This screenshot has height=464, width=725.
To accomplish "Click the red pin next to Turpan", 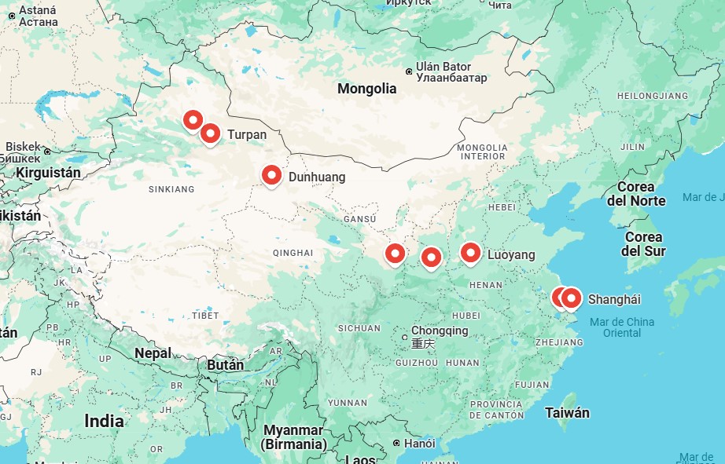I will [x=210, y=133].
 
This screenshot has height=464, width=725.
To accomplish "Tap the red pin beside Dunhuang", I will [x=271, y=175].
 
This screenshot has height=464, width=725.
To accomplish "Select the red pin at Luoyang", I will [x=470, y=252].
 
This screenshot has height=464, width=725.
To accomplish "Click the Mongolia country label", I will [x=366, y=89].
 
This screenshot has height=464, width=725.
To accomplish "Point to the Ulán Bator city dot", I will [x=409, y=71].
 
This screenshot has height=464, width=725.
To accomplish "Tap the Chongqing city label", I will [x=440, y=331].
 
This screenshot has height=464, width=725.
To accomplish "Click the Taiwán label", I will [x=567, y=412].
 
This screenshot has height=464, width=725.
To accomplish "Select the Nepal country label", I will [x=153, y=353].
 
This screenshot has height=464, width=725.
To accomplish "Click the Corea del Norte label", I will [x=641, y=194].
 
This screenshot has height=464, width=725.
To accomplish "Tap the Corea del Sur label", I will [x=642, y=243].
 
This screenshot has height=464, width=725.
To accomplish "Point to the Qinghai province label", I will [x=293, y=252].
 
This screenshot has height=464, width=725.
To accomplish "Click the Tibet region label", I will [x=205, y=315].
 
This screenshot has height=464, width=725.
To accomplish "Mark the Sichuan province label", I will [x=359, y=328].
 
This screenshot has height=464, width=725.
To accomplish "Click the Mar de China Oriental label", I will [x=621, y=327].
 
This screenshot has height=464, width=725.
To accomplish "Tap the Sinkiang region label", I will [x=171, y=189].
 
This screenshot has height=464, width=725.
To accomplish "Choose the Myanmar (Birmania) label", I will [x=295, y=437].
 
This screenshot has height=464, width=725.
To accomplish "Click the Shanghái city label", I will [x=614, y=299].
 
